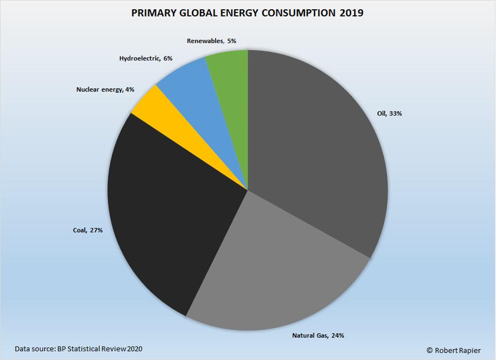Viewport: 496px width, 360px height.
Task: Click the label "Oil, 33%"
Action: (387, 113)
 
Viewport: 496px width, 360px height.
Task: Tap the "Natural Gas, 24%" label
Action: (318, 335)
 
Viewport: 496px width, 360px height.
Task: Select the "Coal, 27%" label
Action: (87, 230)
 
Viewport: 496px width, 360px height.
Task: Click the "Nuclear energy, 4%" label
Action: (105, 89)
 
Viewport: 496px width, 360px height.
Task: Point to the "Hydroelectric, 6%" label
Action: (146, 58)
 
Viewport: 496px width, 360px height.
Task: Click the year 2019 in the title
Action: (352, 13)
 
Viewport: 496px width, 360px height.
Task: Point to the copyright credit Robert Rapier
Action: (455, 350)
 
